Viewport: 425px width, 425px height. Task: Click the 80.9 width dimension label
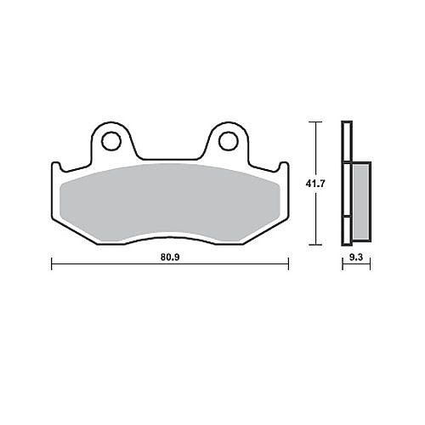pos(170,257)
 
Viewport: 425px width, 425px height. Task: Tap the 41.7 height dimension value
pos(315,184)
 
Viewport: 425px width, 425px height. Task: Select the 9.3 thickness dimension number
pos(356,257)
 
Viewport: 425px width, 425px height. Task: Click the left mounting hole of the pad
pos(111,141)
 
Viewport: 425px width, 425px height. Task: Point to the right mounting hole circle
pos(228,141)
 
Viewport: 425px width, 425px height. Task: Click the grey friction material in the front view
pos(170,202)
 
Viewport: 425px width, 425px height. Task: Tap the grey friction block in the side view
pos(361,201)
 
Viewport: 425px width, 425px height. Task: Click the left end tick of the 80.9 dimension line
pos(52,263)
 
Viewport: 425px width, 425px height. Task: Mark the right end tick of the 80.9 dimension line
pos(288,263)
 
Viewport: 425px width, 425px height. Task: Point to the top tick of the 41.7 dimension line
pos(315,122)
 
